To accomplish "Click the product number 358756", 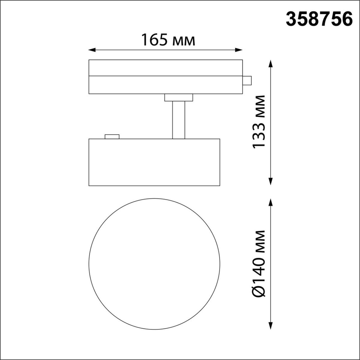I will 319,19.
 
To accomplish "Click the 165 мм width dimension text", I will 168,40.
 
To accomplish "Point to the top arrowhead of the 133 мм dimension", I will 271,63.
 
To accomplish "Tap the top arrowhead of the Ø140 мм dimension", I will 271,201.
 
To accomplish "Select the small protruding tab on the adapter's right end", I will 247,80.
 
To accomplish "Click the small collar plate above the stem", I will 179,98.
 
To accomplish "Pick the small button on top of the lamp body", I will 112,136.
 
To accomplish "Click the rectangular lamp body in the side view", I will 154,162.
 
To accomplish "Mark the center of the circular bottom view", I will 154,263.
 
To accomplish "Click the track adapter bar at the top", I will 166,77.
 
